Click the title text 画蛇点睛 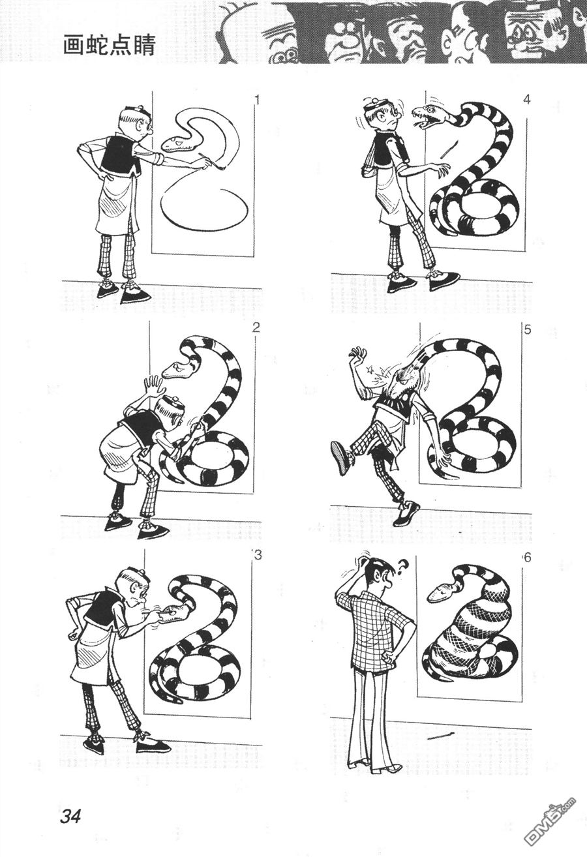109,46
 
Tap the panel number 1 257,100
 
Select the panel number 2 256,328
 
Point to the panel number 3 258,555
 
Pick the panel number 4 527,100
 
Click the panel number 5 528,329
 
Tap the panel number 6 528,558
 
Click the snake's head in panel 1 178,143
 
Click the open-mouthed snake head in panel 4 430,114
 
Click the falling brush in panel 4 449,149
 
